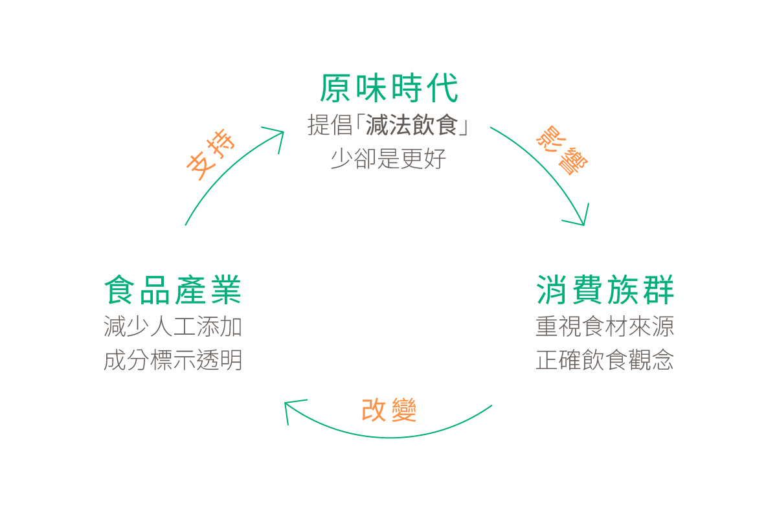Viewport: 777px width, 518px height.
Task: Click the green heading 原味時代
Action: (x=388, y=88)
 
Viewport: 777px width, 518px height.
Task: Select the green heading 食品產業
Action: (x=173, y=290)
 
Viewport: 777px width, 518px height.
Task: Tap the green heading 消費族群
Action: (x=605, y=290)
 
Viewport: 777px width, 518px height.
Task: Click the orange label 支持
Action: (x=210, y=155)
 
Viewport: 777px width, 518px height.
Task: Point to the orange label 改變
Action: (x=388, y=411)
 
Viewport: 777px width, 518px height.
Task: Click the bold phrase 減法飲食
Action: (x=412, y=126)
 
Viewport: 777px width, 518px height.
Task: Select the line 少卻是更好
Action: (x=388, y=159)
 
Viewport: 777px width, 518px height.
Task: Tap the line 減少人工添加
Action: (x=173, y=327)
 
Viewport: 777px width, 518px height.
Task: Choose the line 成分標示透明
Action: (x=173, y=361)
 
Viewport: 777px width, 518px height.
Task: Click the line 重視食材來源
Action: (x=605, y=327)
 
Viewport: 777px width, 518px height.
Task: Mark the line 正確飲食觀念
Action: (x=605, y=361)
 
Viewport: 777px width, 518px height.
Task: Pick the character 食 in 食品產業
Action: (x=121, y=290)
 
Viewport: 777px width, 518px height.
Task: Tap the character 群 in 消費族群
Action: (x=657, y=290)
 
